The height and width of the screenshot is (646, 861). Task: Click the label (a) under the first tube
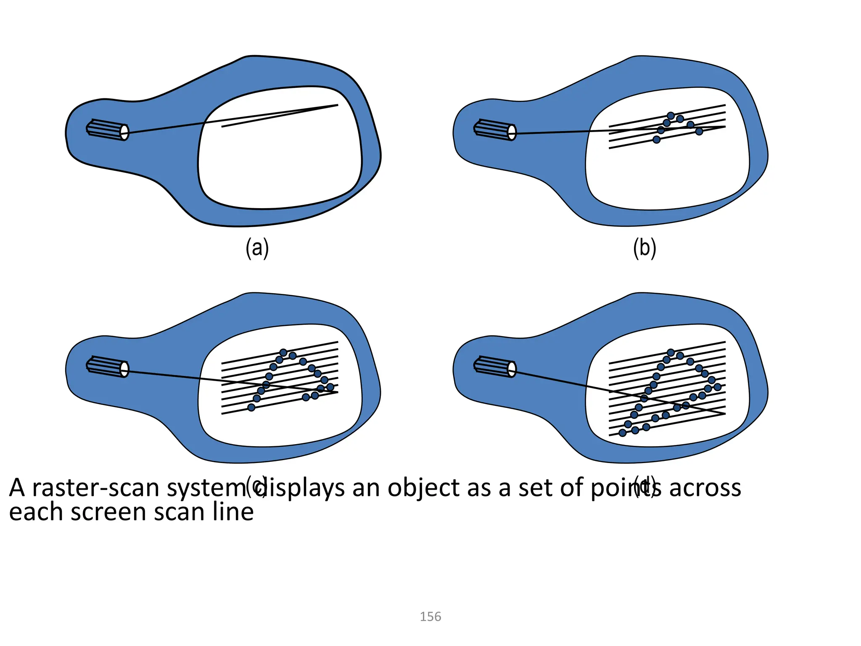coord(257,248)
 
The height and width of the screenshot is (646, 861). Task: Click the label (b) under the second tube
coord(644,248)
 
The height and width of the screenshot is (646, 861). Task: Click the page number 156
coord(430,617)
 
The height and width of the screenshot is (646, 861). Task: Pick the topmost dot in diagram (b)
coord(671,116)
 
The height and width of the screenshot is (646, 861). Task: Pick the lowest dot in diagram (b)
coord(656,140)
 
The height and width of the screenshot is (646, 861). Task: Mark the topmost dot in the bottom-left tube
coord(283,352)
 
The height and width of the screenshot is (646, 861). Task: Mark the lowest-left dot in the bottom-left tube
coord(251,407)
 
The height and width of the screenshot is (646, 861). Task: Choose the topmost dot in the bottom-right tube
coord(671,352)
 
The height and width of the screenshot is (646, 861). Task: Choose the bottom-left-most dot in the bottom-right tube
coord(623,433)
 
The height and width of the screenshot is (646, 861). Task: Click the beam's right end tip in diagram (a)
coord(337,105)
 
